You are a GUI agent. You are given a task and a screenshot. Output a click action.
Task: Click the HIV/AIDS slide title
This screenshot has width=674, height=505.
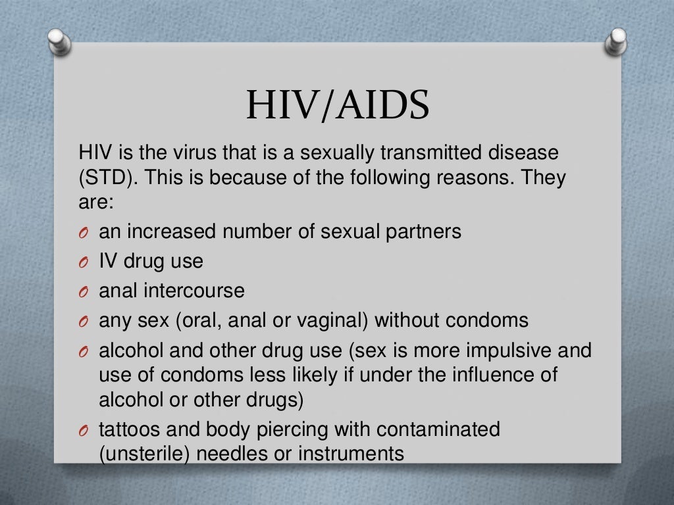pyautogui.click(x=337, y=106)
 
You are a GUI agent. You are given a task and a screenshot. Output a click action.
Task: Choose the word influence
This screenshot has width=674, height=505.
pyautogui.click(x=479, y=375)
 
